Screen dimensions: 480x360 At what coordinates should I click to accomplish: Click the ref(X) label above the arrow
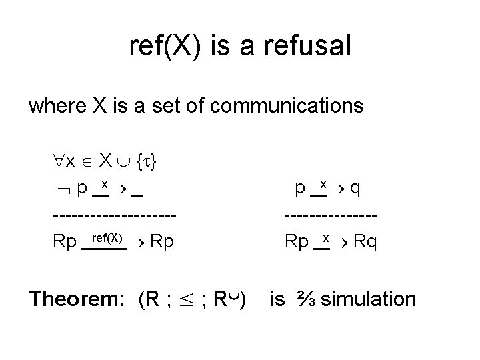tap(106, 237)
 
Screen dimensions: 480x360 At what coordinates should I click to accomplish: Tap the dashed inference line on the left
tap(115, 216)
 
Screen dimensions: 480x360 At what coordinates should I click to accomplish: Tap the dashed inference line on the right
tap(331, 216)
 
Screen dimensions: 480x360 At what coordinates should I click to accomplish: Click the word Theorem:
tap(79, 299)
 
